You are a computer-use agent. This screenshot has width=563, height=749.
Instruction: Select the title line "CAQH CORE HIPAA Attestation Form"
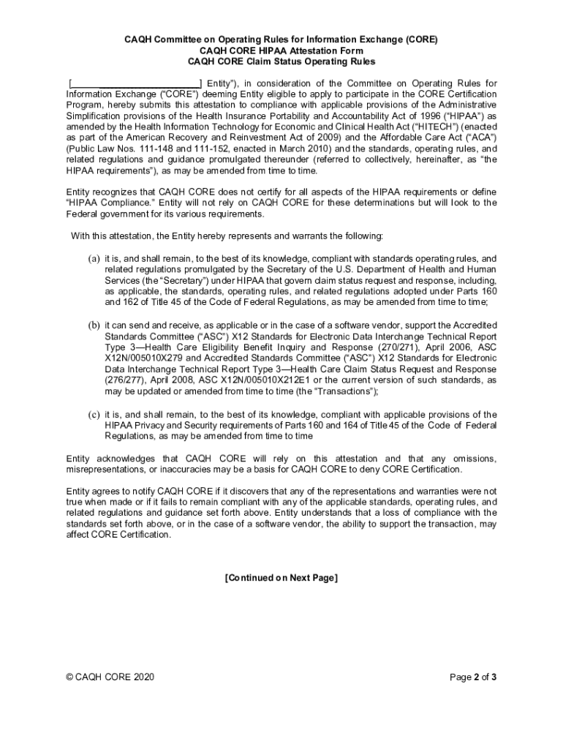pyautogui.click(x=281, y=50)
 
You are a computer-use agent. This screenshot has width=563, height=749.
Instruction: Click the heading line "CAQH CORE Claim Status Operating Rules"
pyautogui.click(x=281, y=61)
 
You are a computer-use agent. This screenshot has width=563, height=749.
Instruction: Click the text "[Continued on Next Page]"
pyautogui.click(x=281, y=578)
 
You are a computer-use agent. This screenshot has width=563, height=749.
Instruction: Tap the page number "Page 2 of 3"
pyautogui.click(x=473, y=677)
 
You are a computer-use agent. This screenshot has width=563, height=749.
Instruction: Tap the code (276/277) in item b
pyautogui.click(x=124, y=380)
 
